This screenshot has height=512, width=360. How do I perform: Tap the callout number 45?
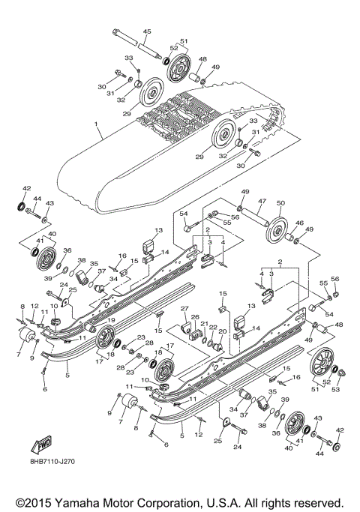point(146,31)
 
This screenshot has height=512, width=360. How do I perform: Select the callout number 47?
point(262,202)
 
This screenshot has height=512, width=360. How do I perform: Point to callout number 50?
point(282,202)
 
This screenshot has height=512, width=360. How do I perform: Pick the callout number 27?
point(184,310)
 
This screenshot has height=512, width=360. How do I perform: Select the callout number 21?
point(205,323)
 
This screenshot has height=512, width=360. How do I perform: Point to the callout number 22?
point(214,328)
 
